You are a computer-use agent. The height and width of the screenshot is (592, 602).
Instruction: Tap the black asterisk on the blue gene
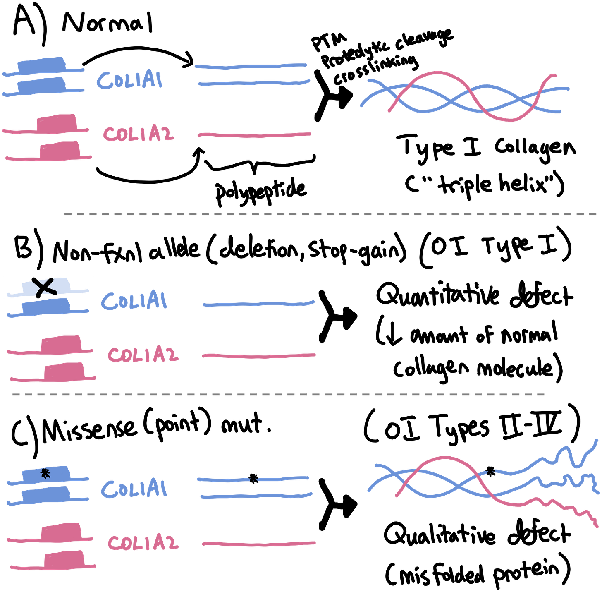point(45,474)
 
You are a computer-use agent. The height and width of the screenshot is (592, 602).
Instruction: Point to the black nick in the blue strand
point(254,480)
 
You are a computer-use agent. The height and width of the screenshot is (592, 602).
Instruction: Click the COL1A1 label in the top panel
point(130,80)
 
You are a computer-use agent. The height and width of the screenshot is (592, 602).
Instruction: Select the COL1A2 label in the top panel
point(138,134)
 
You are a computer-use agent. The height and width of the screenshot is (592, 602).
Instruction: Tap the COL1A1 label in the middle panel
point(134,300)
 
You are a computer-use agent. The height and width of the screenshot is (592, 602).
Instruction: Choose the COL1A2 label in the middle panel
point(143,355)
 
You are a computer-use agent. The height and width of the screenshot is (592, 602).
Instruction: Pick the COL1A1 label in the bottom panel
point(134,489)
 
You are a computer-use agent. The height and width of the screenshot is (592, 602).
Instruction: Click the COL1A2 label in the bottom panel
point(143,542)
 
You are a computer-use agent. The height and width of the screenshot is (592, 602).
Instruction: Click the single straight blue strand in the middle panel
point(259,304)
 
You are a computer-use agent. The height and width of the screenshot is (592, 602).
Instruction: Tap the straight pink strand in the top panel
point(254,135)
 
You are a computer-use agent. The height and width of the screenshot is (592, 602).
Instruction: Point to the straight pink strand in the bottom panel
point(259,544)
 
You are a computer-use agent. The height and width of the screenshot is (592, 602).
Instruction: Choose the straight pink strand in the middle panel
point(259,355)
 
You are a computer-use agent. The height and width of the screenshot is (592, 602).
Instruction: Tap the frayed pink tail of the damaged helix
point(571,510)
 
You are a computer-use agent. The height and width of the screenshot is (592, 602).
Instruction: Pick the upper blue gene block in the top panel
point(41,64)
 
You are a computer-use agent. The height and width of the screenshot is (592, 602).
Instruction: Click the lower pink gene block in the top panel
point(60,150)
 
